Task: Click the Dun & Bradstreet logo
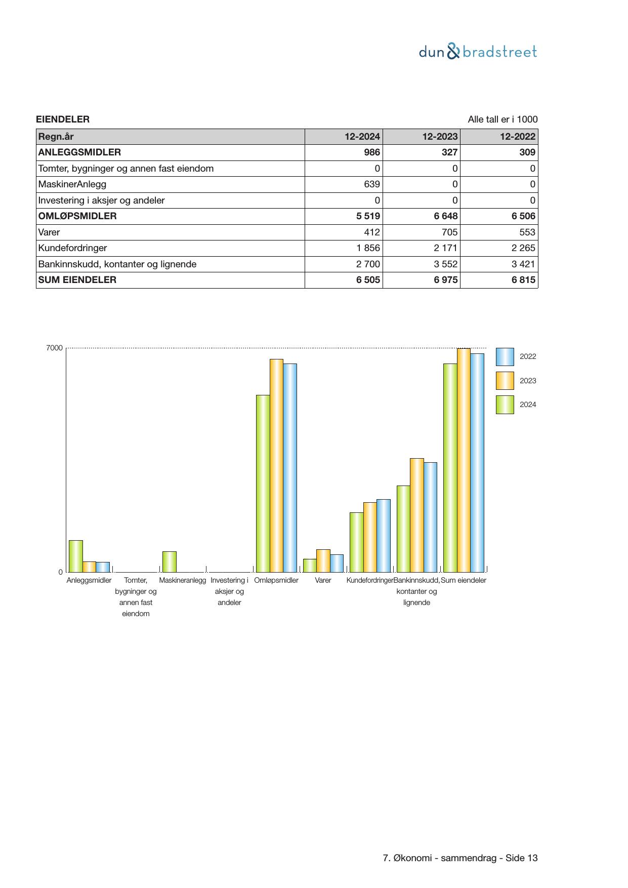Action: coord(478,52)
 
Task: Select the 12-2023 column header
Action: coord(440,137)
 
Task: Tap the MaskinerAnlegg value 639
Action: coord(372,184)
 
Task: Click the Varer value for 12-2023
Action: coord(449,232)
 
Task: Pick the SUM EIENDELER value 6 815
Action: coord(523,280)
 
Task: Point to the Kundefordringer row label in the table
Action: coord(72,248)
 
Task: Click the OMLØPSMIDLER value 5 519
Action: coord(368,216)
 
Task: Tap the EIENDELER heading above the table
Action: coord(63,119)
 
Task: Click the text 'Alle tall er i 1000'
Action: coord(503,119)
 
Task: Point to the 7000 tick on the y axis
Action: coord(54,348)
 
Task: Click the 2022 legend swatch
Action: coord(505,356)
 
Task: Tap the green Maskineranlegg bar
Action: coord(170,561)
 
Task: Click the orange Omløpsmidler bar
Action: coord(276,465)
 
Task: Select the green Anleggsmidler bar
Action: coord(76,556)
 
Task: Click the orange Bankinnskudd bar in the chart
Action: coord(416,515)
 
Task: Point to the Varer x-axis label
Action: coord(323,580)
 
